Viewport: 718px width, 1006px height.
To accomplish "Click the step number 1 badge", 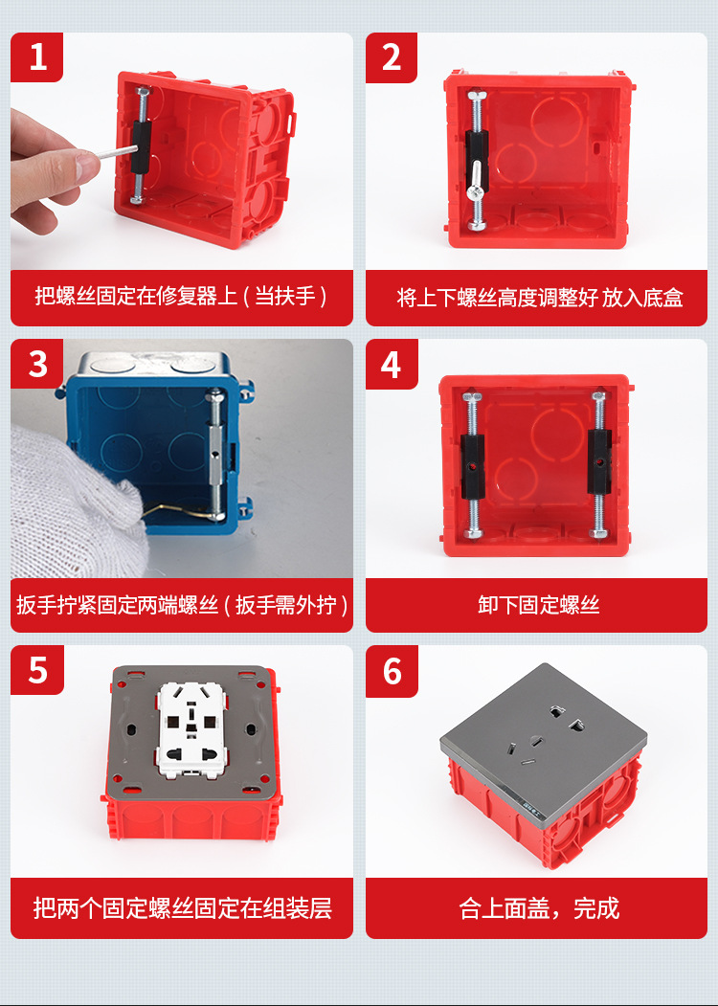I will (36, 56).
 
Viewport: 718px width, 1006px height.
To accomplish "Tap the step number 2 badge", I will (392, 56).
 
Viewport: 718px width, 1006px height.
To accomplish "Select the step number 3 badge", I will (36, 364).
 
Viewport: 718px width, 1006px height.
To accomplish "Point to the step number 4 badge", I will (392, 364).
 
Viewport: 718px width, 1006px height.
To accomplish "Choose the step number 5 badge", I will (36, 670).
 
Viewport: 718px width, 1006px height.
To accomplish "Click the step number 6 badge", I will (392, 670).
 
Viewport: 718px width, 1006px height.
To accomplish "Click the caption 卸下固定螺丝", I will (537, 605).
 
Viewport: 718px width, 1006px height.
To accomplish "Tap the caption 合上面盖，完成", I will (537, 908).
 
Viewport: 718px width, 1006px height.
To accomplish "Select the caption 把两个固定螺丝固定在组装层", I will (182, 908).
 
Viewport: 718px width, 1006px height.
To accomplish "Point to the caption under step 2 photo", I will (537, 298).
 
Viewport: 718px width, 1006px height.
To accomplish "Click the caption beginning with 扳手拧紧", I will (182, 605).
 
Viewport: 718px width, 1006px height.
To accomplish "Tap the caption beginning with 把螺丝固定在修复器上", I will (182, 298).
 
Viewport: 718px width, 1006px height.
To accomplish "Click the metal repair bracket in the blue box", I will (216, 450).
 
